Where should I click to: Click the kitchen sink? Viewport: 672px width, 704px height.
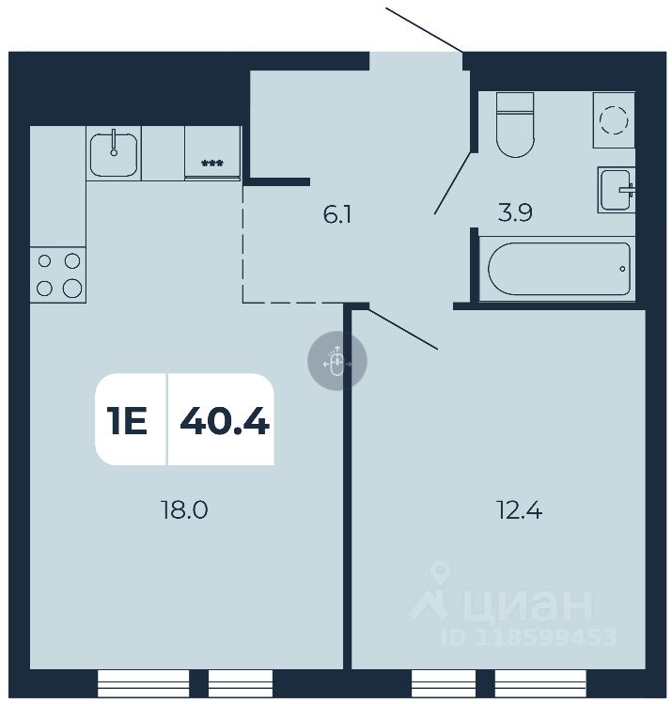pos(115,153)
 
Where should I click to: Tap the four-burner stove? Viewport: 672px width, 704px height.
pos(57,274)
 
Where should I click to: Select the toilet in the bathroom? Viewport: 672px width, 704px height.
pos(514,124)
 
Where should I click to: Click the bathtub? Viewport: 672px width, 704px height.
pos(558,270)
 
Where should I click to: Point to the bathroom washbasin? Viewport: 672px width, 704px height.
pos(617,190)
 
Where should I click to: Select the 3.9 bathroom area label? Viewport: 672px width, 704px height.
pos(515,214)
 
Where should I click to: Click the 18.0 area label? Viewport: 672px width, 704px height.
pos(183,510)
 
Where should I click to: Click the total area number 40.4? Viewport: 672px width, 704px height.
pos(224,421)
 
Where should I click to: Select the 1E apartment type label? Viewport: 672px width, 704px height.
pos(128,421)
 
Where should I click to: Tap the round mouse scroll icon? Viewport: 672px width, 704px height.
pos(337,361)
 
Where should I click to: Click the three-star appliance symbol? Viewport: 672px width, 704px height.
pos(212,164)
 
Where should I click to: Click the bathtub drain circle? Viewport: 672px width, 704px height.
pos(622,269)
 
